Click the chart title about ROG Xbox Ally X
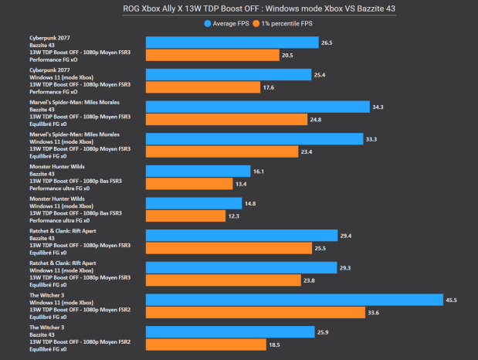239,9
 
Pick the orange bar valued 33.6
255,312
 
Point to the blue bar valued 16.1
198,171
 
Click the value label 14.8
251,203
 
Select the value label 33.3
372,139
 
